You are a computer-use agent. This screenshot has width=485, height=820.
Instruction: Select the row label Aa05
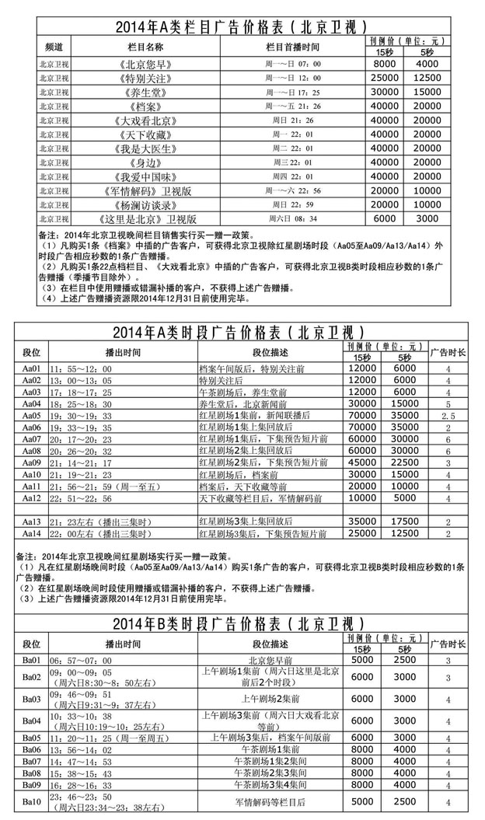tap(31, 416)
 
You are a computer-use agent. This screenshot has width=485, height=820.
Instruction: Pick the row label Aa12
tap(31, 497)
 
